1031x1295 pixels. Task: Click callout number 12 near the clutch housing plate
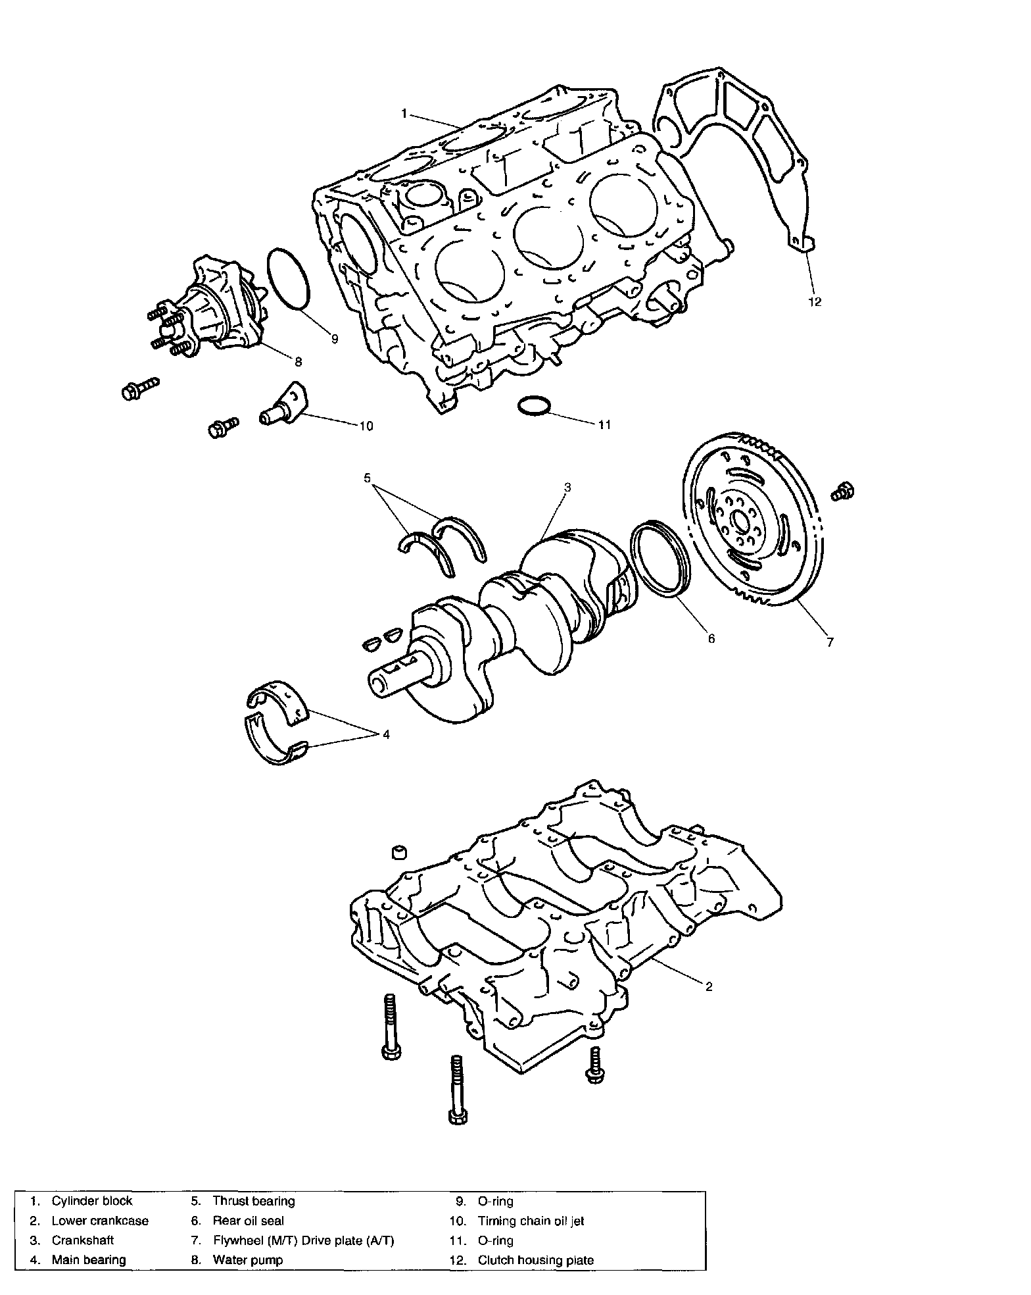[815, 302]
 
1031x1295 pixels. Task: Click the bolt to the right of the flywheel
[844, 492]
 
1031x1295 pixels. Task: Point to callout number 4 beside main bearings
[386, 734]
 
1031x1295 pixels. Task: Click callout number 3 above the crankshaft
[567, 488]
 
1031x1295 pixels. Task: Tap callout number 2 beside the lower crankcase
[709, 986]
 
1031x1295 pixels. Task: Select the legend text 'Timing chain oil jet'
[531, 1221]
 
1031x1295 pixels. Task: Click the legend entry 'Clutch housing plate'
[535, 1260]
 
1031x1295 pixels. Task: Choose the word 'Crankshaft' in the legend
[83, 1240]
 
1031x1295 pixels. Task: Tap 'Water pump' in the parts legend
[248, 1259]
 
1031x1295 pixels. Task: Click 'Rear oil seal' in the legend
[249, 1221]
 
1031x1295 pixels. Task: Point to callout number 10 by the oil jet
[366, 426]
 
